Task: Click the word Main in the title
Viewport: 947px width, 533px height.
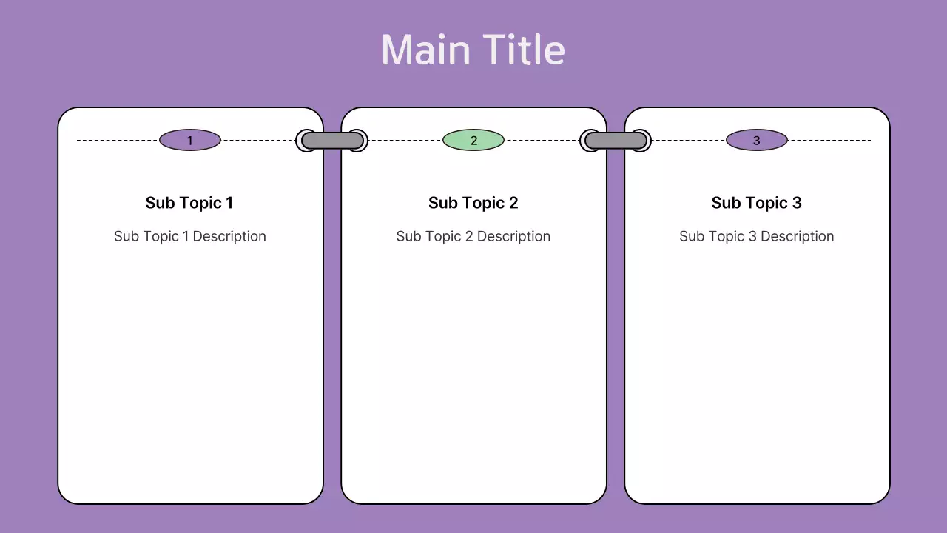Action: [425, 50]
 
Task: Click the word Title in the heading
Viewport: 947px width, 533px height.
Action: [526, 50]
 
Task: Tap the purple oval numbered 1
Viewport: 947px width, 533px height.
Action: [190, 140]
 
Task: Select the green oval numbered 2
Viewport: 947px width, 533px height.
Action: [473, 140]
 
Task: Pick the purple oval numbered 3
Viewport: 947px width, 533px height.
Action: [756, 140]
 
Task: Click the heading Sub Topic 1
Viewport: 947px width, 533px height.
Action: [189, 203]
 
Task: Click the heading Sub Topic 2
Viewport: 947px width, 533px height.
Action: [473, 203]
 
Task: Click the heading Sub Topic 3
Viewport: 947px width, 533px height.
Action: [756, 203]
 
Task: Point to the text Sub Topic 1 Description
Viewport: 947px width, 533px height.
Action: [189, 236]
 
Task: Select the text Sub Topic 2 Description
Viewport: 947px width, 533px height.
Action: [473, 236]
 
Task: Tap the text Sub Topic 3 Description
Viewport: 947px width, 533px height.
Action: [756, 236]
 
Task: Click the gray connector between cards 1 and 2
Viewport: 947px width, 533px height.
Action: [331, 141]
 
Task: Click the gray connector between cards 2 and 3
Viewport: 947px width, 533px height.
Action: [616, 141]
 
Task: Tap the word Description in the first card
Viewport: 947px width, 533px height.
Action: [229, 236]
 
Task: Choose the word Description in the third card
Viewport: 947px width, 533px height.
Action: [797, 236]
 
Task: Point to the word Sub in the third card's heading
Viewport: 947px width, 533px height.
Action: [725, 203]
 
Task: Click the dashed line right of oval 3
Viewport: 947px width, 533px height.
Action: [829, 140]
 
